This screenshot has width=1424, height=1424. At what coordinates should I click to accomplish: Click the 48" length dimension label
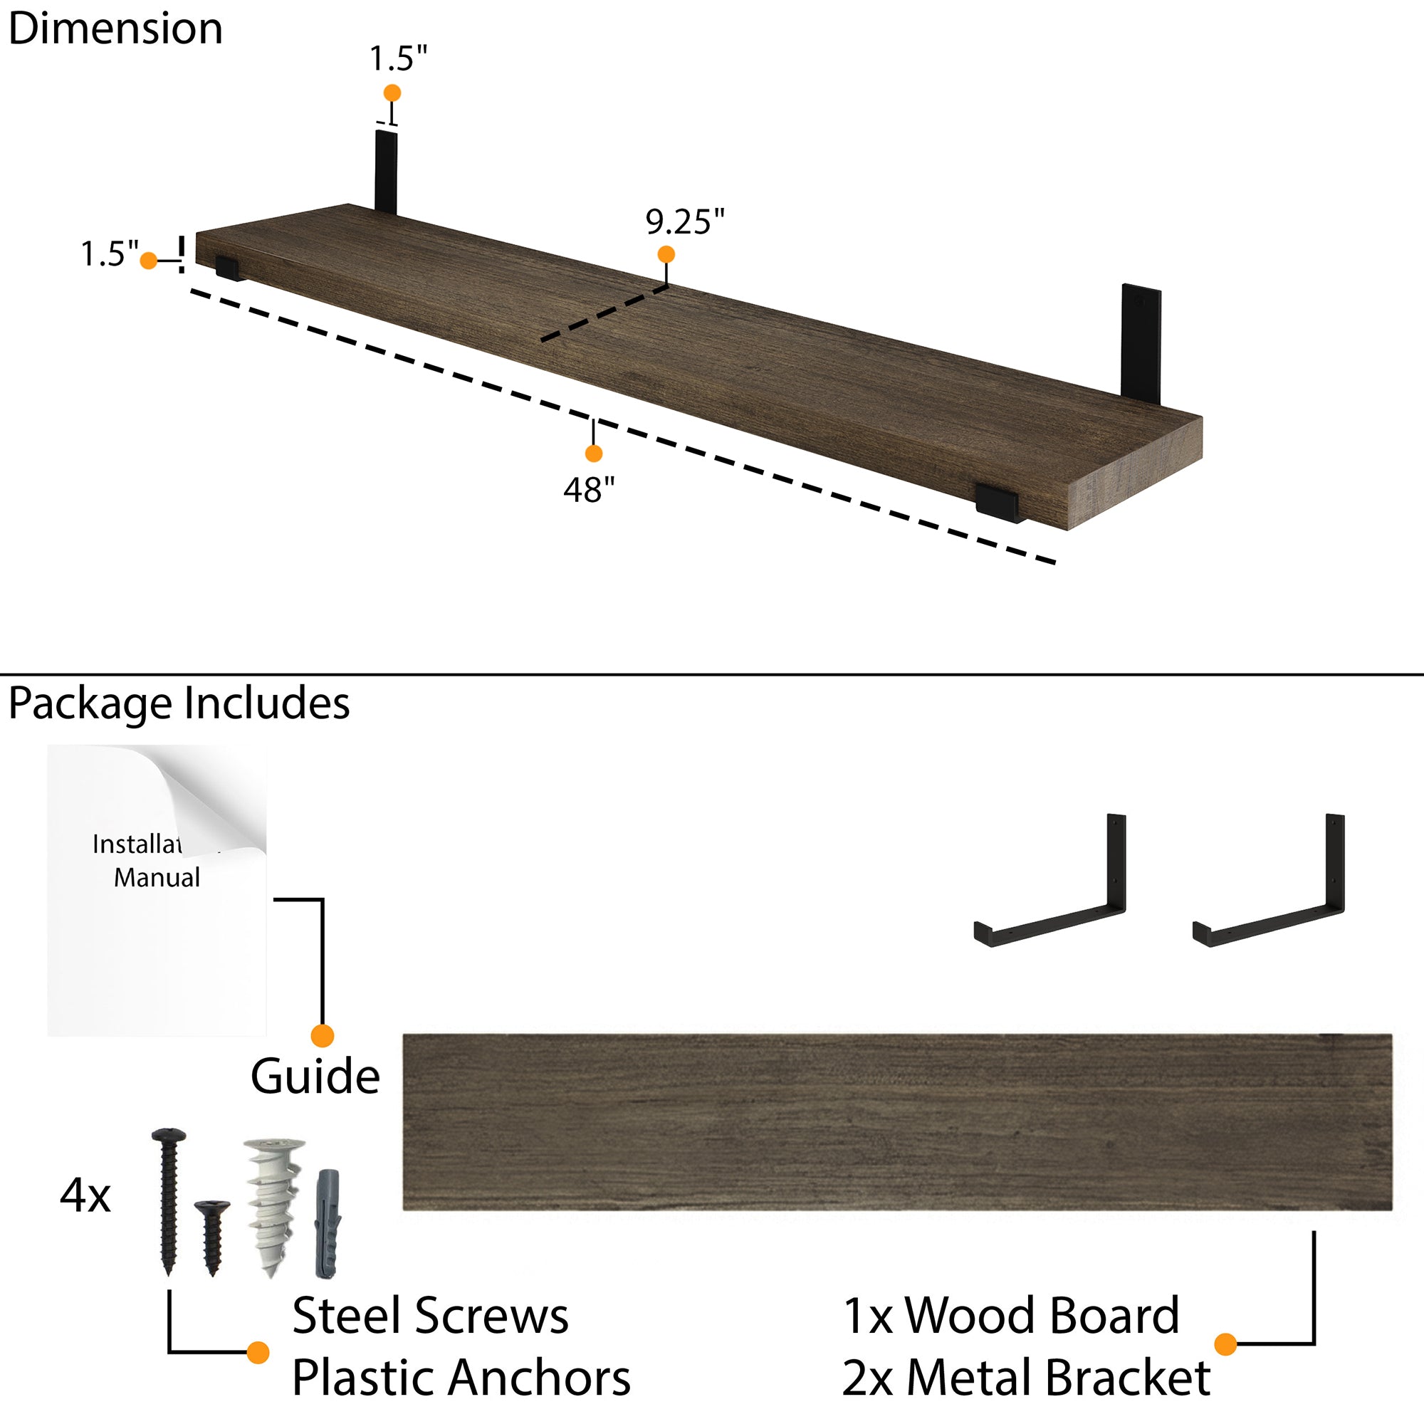588,489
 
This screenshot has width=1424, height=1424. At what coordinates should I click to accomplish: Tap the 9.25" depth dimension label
685,222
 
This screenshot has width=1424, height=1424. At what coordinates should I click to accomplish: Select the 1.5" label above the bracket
398,58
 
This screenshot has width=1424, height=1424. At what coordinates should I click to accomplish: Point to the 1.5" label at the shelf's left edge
109,254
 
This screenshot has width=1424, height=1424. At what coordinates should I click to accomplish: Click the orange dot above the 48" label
593,454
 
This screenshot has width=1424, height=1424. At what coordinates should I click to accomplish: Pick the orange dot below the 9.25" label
666,254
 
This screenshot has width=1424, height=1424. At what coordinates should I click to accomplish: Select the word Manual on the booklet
156,877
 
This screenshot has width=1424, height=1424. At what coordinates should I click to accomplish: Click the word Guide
315,1077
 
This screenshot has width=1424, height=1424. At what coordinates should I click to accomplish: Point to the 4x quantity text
85,1195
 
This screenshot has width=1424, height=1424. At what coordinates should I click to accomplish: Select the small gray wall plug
328,1223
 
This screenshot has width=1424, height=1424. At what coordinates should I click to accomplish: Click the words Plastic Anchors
461,1378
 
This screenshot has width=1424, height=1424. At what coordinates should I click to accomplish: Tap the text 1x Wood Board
1010,1316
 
